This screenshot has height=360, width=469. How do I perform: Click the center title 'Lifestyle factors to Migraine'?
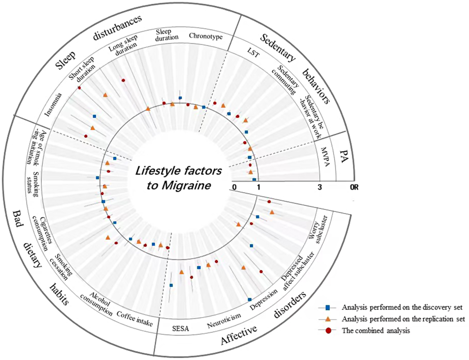click(x=179, y=178)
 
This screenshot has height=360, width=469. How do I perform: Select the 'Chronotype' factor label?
click(x=205, y=36)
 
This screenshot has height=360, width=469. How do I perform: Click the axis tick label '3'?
click(x=320, y=187)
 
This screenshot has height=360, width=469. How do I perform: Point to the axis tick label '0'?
click(x=234, y=187)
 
